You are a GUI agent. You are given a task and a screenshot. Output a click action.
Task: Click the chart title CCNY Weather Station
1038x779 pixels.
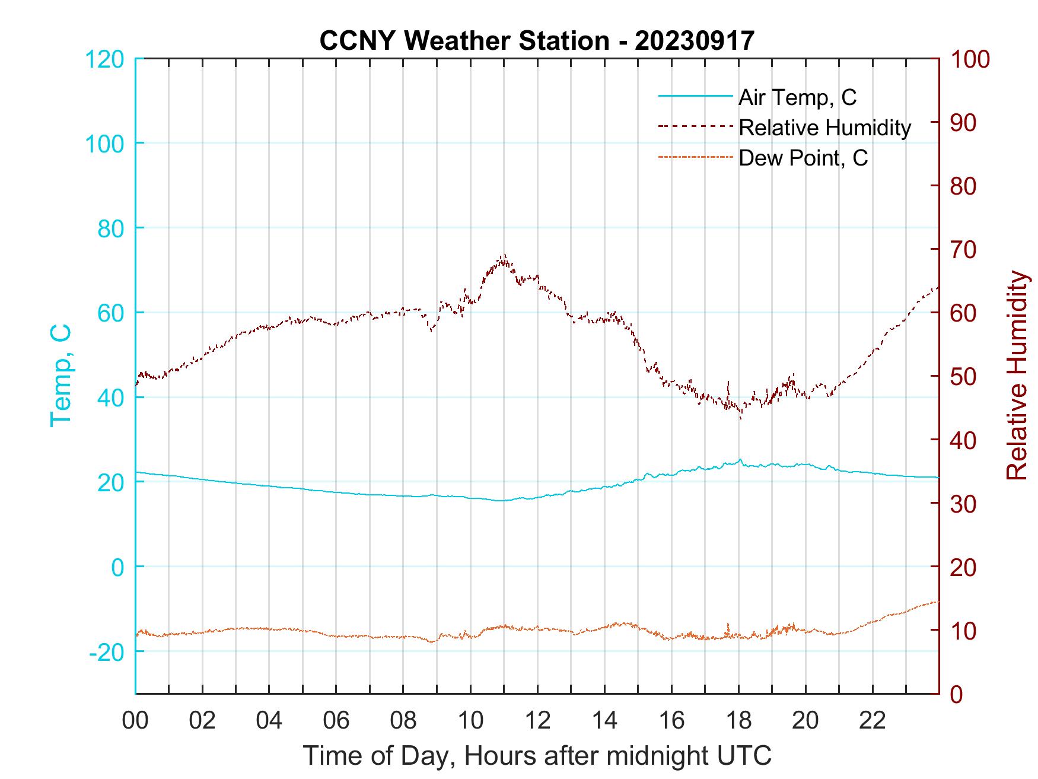point(536,40)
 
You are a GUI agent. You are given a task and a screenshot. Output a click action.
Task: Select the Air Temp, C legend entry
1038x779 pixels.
point(797,97)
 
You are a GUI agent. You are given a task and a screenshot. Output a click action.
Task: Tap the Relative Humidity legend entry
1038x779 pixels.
point(824,128)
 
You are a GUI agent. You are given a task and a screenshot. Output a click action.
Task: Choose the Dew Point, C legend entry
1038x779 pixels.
point(803,158)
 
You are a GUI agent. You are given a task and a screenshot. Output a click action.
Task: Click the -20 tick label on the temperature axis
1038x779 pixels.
point(107,651)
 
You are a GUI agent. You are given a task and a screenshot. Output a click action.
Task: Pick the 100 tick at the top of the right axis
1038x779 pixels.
point(970,59)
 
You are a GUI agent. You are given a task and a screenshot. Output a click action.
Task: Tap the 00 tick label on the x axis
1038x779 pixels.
point(135,721)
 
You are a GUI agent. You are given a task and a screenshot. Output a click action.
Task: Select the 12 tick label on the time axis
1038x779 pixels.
point(537,721)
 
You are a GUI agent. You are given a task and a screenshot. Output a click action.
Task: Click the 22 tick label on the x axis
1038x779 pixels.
point(873,721)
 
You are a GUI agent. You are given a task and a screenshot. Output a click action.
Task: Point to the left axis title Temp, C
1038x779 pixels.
point(60,376)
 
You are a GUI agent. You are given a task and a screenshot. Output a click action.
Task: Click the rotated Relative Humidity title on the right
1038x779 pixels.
point(1017,376)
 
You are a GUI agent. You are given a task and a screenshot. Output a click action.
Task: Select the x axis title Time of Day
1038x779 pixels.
point(537,755)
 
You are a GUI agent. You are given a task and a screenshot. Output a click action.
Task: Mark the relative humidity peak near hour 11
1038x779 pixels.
point(504,255)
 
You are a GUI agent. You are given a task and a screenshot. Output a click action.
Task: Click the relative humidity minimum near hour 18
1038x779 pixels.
point(740,418)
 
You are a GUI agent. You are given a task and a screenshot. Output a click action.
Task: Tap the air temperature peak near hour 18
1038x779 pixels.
point(740,460)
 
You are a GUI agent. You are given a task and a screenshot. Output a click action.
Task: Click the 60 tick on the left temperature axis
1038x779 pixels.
point(111,313)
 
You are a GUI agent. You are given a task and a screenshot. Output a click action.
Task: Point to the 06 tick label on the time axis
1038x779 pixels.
point(336,721)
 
